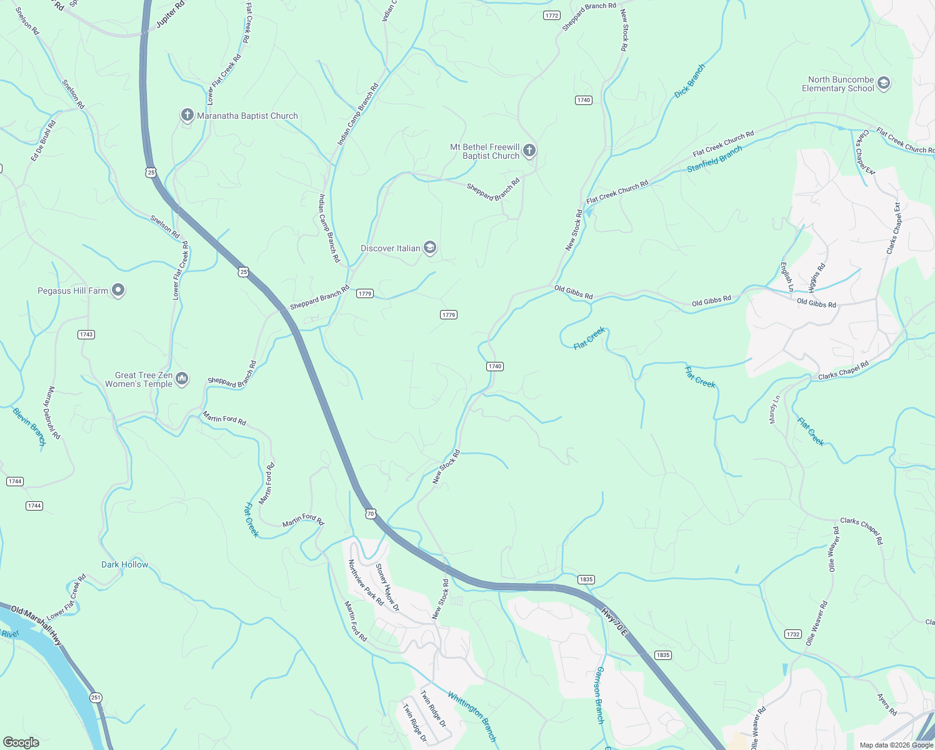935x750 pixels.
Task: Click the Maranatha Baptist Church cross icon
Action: pos(187,115)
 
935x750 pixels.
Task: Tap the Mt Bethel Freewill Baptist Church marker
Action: pos(529,150)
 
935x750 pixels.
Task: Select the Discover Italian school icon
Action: pos(429,248)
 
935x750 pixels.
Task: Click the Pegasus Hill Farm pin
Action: pos(118,290)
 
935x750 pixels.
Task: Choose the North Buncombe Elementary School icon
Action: pos(883,83)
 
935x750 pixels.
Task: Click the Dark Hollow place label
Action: pos(125,564)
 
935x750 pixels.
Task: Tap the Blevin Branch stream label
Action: pos(29,427)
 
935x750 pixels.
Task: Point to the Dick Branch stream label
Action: pos(690,81)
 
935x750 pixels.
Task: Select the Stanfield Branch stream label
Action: pos(714,159)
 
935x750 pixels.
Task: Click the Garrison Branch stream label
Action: pos(599,695)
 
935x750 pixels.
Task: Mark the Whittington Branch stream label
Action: pos(472,716)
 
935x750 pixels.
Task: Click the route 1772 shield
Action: pos(551,16)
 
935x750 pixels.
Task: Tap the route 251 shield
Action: pos(96,697)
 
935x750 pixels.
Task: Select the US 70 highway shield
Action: pos(371,514)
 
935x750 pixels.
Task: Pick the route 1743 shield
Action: pos(86,334)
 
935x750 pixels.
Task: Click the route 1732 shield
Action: pos(792,634)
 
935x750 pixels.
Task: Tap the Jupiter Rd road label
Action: pos(170,14)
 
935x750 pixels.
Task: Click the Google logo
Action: pos(21,742)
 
